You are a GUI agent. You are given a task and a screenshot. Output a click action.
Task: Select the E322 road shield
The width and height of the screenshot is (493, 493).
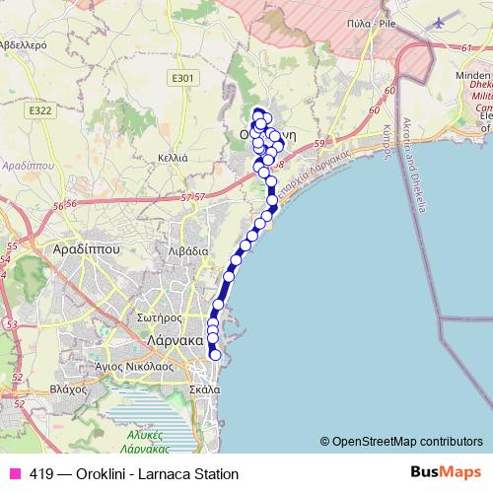click(x=40, y=110)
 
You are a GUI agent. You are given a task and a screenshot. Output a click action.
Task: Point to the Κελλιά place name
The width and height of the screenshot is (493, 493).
click(x=173, y=157)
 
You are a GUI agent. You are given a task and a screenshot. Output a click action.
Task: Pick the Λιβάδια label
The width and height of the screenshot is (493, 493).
click(x=188, y=250)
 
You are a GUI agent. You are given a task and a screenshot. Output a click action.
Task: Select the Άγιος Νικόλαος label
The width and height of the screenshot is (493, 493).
click(x=121, y=364)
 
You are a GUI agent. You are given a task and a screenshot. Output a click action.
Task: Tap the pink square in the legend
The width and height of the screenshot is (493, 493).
click(x=14, y=473)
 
